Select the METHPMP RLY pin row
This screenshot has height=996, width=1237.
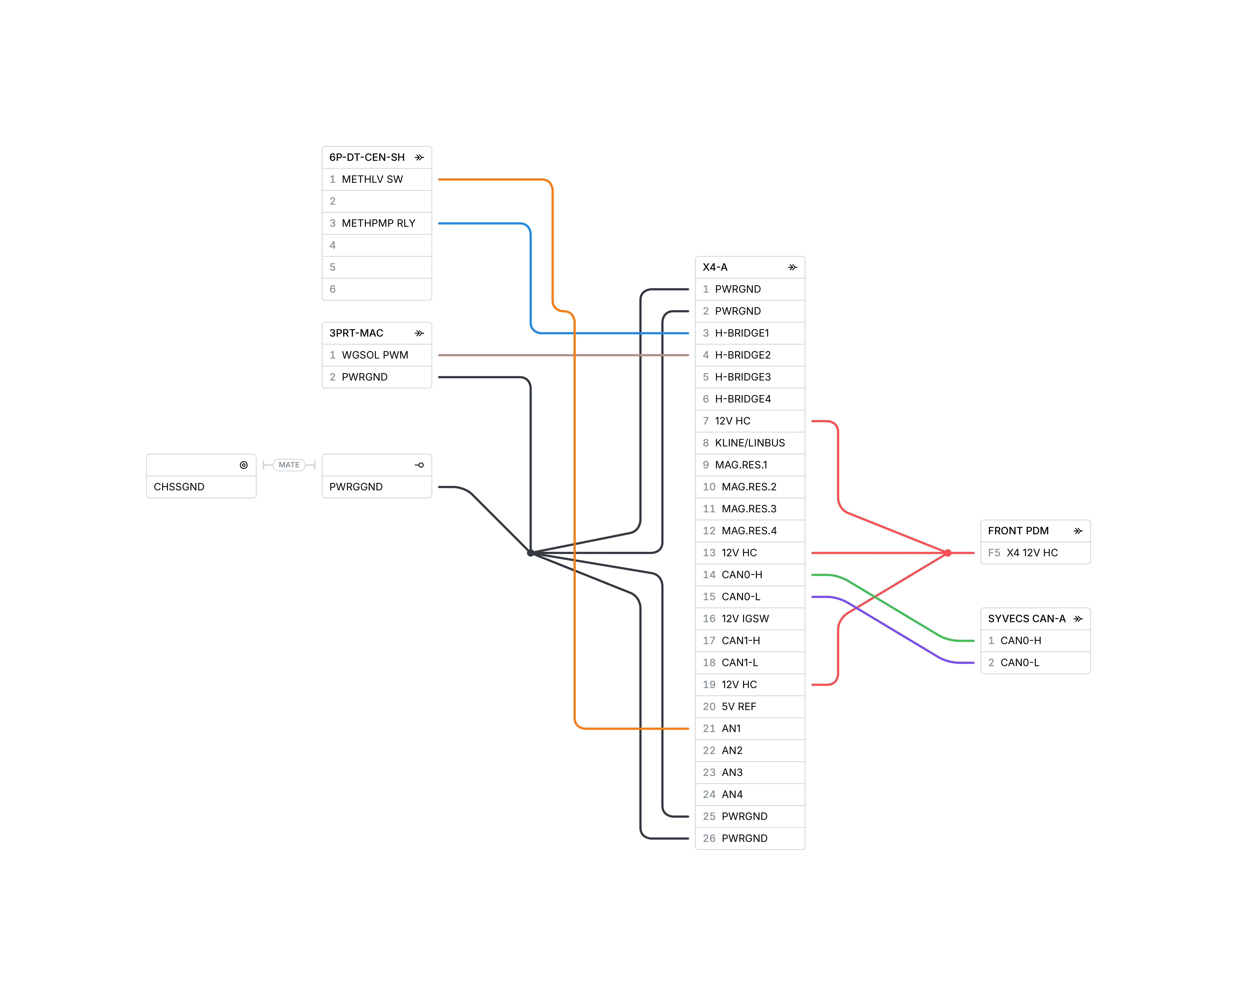[377, 223]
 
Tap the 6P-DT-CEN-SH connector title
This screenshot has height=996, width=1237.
[367, 157]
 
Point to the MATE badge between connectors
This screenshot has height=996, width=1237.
[289, 465]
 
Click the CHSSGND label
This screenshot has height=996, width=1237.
[179, 487]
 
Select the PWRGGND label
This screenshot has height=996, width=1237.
[356, 487]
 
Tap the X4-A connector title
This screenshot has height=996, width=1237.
[715, 267]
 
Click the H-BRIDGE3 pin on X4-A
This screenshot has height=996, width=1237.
[750, 377]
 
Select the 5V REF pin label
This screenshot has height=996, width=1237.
[739, 707]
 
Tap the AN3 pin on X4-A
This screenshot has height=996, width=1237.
[750, 773]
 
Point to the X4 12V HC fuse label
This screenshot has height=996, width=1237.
[1032, 553]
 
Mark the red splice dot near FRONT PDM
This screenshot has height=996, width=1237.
[948, 553]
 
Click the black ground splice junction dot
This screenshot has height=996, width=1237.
[531, 553]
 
